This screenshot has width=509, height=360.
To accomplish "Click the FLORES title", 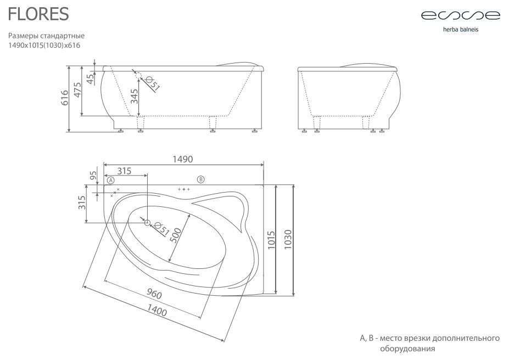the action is [x=38, y=14].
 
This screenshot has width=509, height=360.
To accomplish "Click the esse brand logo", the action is [x=461, y=15].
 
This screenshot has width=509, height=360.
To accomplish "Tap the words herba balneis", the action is [x=461, y=30].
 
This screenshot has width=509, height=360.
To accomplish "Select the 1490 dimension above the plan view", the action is [x=182, y=159].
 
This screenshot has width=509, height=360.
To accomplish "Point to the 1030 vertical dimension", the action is [x=288, y=239].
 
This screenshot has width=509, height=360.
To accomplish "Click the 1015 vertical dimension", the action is [x=271, y=240].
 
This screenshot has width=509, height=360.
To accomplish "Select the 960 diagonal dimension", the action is [x=154, y=294].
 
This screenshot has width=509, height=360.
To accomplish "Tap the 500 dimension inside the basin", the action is [x=176, y=235].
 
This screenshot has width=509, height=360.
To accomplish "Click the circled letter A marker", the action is [x=111, y=180].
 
